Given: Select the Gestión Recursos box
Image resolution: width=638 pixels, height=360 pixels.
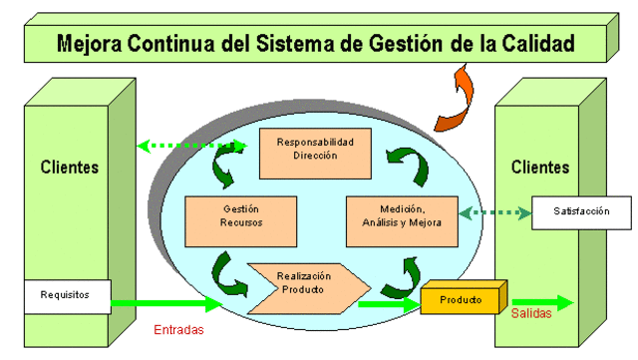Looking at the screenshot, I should (x=240, y=220).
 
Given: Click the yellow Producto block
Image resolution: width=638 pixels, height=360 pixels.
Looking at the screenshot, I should (x=461, y=300).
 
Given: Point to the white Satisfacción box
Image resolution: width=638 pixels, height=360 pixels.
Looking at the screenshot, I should (x=581, y=211).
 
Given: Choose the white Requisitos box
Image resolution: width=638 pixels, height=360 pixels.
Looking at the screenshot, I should (x=66, y=295).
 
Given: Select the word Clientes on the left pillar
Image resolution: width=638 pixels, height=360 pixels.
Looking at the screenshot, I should (x=70, y=167).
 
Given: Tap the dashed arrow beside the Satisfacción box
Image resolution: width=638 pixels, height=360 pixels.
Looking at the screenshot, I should (x=493, y=211).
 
